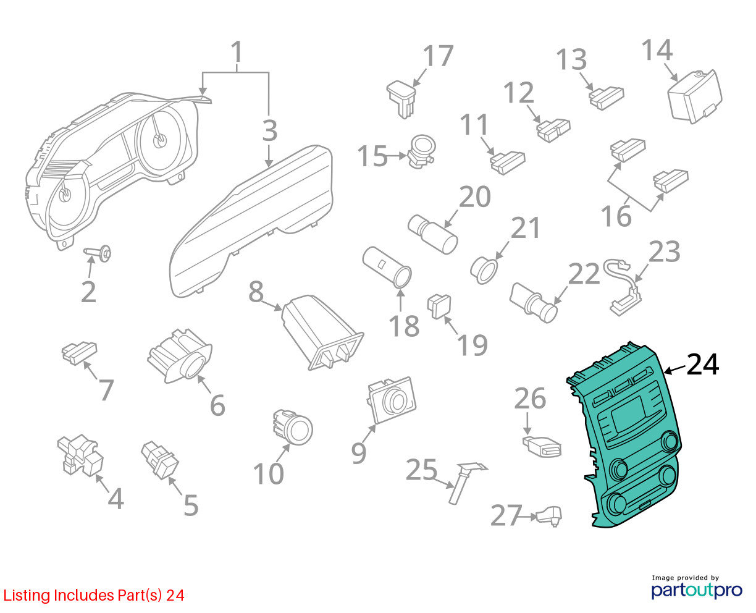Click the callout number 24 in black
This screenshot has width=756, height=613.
click(x=702, y=364)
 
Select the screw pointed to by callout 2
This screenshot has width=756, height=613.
click(x=98, y=253)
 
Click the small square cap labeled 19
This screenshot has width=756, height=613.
click(x=439, y=306)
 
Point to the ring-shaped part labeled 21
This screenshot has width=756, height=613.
click(x=484, y=271)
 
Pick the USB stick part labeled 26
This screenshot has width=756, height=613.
click(x=542, y=447)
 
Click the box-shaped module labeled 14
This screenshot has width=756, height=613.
click(x=695, y=96)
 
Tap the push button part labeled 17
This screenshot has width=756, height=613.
click(x=401, y=99)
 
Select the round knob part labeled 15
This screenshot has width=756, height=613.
click(x=421, y=151)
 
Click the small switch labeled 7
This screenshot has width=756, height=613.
click(x=79, y=353)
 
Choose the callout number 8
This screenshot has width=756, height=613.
click(x=256, y=291)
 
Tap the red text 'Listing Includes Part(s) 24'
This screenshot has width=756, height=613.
click(x=94, y=595)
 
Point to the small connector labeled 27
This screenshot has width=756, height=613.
click(x=548, y=515)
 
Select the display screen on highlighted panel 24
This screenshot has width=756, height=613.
click(x=629, y=415)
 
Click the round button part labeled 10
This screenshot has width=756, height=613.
click(x=293, y=426)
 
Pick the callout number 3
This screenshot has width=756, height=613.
click(x=269, y=130)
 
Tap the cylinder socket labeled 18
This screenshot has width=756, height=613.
click(x=387, y=267)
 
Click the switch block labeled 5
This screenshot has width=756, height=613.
click(x=160, y=460)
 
